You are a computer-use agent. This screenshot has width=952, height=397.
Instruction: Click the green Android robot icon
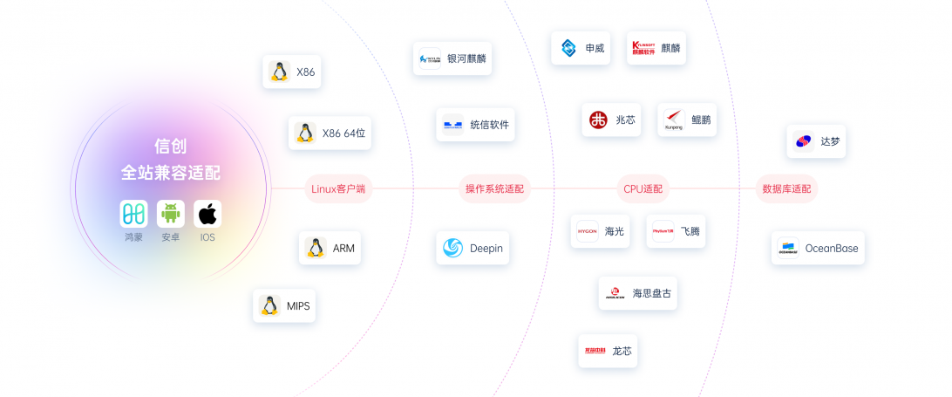[x=171, y=214]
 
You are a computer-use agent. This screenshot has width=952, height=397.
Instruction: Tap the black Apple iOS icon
[x=207, y=214]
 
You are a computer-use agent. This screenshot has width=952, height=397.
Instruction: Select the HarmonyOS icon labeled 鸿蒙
[x=133, y=214]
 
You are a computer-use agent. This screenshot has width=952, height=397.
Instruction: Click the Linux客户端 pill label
[x=338, y=188]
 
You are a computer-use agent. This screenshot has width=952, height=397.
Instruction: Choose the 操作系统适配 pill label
[x=494, y=188]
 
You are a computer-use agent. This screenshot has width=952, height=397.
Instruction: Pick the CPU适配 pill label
[x=643, y=188]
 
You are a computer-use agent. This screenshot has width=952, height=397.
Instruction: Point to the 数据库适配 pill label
[x=786, y=188]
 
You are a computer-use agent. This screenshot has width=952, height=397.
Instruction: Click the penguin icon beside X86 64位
[x=304, y=133]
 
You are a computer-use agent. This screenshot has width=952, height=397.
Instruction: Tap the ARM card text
[x=343, y=249]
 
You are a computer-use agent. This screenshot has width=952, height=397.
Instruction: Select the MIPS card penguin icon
[x=269, y=306]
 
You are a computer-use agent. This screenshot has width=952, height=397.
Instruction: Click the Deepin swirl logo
[x=452, y=249]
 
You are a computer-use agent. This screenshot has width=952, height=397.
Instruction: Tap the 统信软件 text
[x=489, y=125]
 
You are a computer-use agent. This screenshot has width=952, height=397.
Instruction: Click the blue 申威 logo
[x=568, y=48]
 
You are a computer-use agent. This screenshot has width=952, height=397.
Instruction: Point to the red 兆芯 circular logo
[x=598, y=120]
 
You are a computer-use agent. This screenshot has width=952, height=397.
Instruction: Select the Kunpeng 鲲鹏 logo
[x=674, y=120]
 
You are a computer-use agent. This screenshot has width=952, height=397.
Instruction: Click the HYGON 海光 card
[x=601, y=231]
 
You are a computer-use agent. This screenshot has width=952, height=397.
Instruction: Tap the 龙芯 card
[x=608, y=351]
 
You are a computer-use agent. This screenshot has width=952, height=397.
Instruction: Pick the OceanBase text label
[x=831, y=249]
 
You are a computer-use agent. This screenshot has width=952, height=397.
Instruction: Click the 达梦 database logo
[x=803, y=141]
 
